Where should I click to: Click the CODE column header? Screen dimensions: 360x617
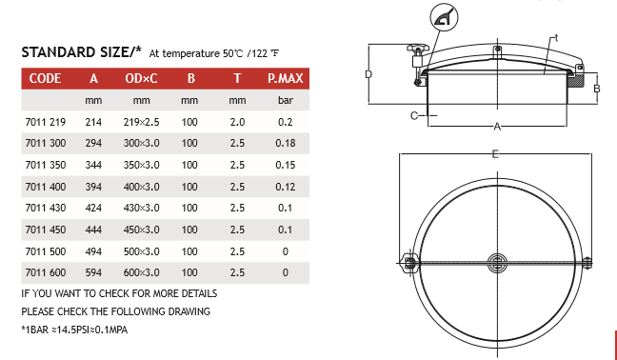(x=46, y=78)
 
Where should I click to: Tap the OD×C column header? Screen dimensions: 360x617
(x=141, y=78)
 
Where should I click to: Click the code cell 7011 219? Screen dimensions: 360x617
(x=45, y=122)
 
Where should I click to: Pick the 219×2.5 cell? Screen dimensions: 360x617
(x=141, y=122)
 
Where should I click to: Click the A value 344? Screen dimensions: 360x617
(x=93, y=164)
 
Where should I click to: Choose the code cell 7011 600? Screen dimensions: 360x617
(x=45, y=272)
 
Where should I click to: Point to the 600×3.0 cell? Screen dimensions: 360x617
(x=141, y=272)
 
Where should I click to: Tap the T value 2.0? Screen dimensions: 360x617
(x=237, y=122)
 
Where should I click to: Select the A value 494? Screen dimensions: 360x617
(x=93, y=250)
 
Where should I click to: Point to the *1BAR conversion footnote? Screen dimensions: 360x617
(x=74, y=329)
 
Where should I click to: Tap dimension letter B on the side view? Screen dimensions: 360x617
(x=596, y=89)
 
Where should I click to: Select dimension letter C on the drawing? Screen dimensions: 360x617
(x=414, y=115)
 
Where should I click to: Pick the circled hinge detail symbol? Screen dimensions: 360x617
(x=447, y=16)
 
